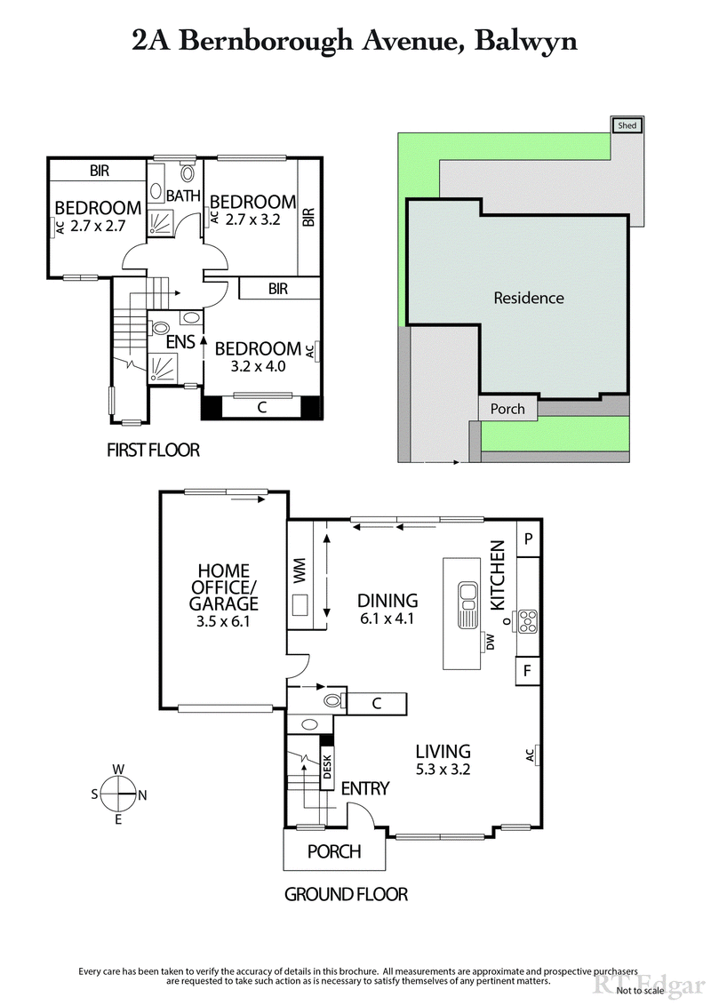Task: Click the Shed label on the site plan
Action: [x=627, y=126]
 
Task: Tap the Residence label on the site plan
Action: [x=529, y=298]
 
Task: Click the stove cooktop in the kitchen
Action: [x=528, y=619]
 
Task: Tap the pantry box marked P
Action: [x=528, y=539]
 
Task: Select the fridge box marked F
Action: [x=528, y=671]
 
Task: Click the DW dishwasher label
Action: [x=488, y=641]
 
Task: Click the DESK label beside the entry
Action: [x=326, y=766]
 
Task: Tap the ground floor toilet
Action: [x=332, y=701]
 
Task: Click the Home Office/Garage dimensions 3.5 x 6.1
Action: [x=224, y=621]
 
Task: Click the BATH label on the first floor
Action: [x=183, y=196]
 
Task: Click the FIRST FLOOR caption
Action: [x=153, y=451]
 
